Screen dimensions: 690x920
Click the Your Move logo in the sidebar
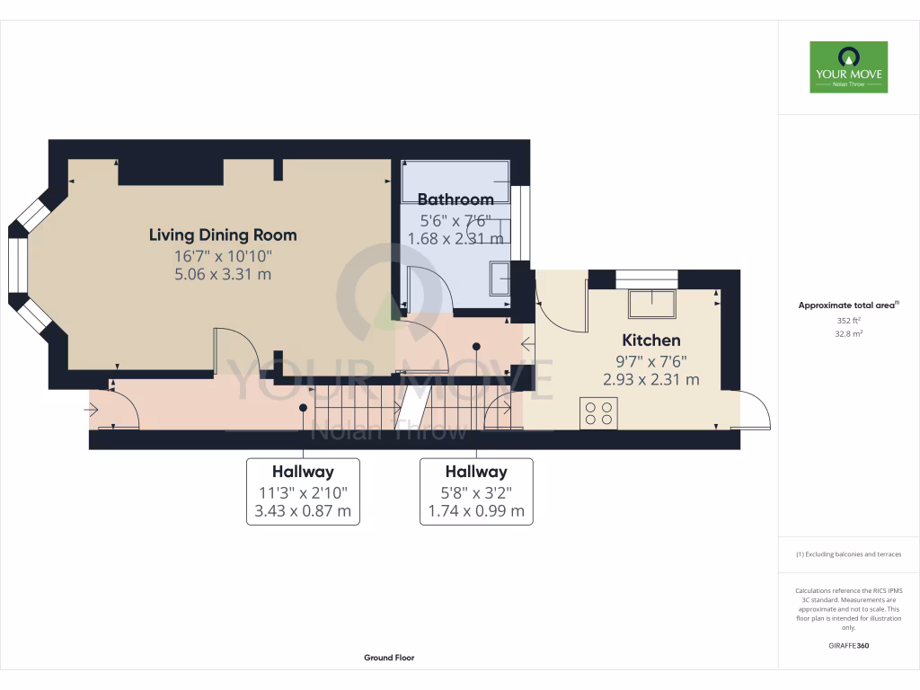click(x=848, y=66)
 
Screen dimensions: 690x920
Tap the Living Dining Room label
click(x=223, y=235)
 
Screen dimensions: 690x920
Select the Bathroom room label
click(x=456, y=199)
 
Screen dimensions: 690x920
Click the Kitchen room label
click(x=651, y=341)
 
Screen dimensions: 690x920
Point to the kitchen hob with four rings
click(x=598, y=413)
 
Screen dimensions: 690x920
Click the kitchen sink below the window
click(x=652, y=305)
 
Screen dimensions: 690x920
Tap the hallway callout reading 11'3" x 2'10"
click(x=303, y=491)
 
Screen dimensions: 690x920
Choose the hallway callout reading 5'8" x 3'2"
click(x=476, y=491)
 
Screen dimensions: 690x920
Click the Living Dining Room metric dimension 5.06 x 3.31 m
click(x=223, y=274)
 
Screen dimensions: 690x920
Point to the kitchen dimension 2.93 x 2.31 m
click(x=651, y=380)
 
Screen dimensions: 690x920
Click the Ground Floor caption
click(x=389, y=658)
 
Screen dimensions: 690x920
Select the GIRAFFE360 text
click(x=848, y=646)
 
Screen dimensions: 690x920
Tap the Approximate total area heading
click(x=848, y=305)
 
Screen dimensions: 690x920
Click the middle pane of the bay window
click(x=18, y=264)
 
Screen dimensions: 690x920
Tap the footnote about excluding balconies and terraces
click(x=848, y=554)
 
